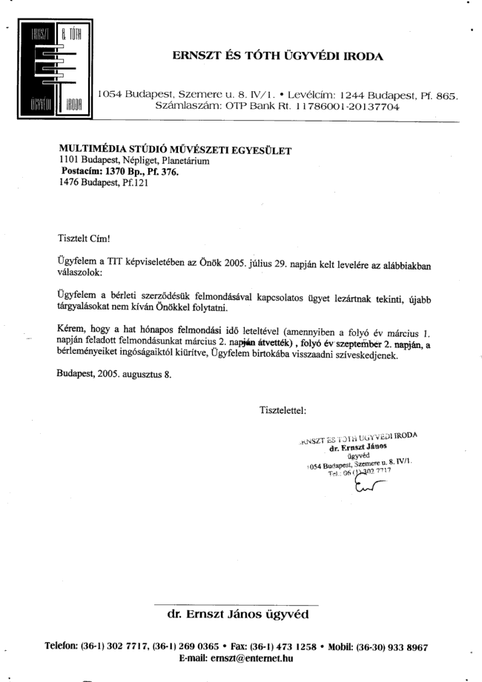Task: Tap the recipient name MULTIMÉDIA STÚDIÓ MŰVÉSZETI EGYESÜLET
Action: tap(175, 151)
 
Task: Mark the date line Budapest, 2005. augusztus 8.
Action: tap(114, 373)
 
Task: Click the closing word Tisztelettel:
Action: tap(284, 409)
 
